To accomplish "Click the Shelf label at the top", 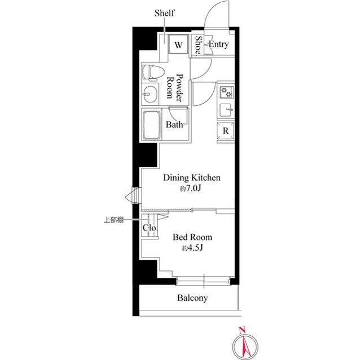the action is tap(164, 13).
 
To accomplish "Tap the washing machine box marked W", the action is tap(178, 44).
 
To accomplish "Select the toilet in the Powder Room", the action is tap(153, 73).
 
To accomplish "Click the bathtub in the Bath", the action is tap(152, 125).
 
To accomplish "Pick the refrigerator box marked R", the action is tap(226, 131).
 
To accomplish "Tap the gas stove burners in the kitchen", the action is tap(226, 92).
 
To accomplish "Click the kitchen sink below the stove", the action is tap(226, 110).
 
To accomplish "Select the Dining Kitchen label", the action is tap(192, 178).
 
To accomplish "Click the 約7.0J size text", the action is tap(191, 189).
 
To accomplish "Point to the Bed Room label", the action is tap(192, 237).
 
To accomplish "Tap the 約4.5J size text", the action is tap(192, 248).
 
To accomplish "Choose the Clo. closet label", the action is tap(150, 228).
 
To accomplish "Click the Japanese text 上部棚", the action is tap(114, 220).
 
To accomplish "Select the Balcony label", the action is tap(192, 298).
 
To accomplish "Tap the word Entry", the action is tap(219, 44).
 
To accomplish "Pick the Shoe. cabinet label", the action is tap(198, 46).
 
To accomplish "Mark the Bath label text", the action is tap(174, 125).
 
